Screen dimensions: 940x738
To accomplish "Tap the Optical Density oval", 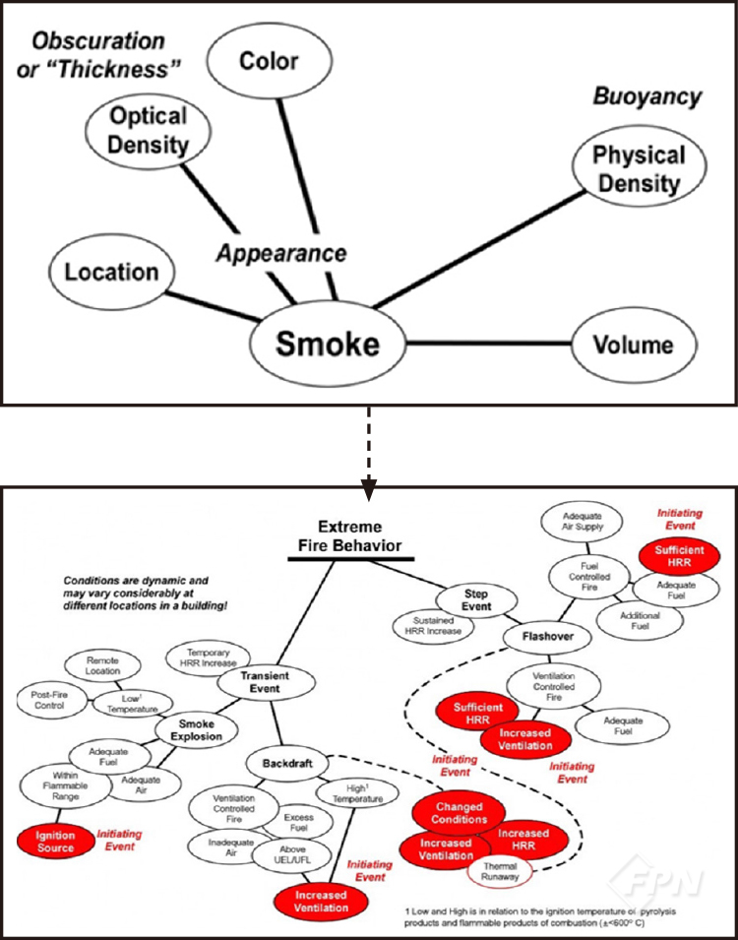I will [x=149, y=130].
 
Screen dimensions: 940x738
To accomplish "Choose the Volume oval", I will [x=634, y=345].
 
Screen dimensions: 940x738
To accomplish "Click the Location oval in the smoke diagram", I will [x=111, y=272].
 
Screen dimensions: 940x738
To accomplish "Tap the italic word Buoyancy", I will [x=646, y=96].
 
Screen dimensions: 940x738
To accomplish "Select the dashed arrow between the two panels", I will [x=369, y=446].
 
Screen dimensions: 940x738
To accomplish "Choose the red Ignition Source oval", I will [x=55, y=840].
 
